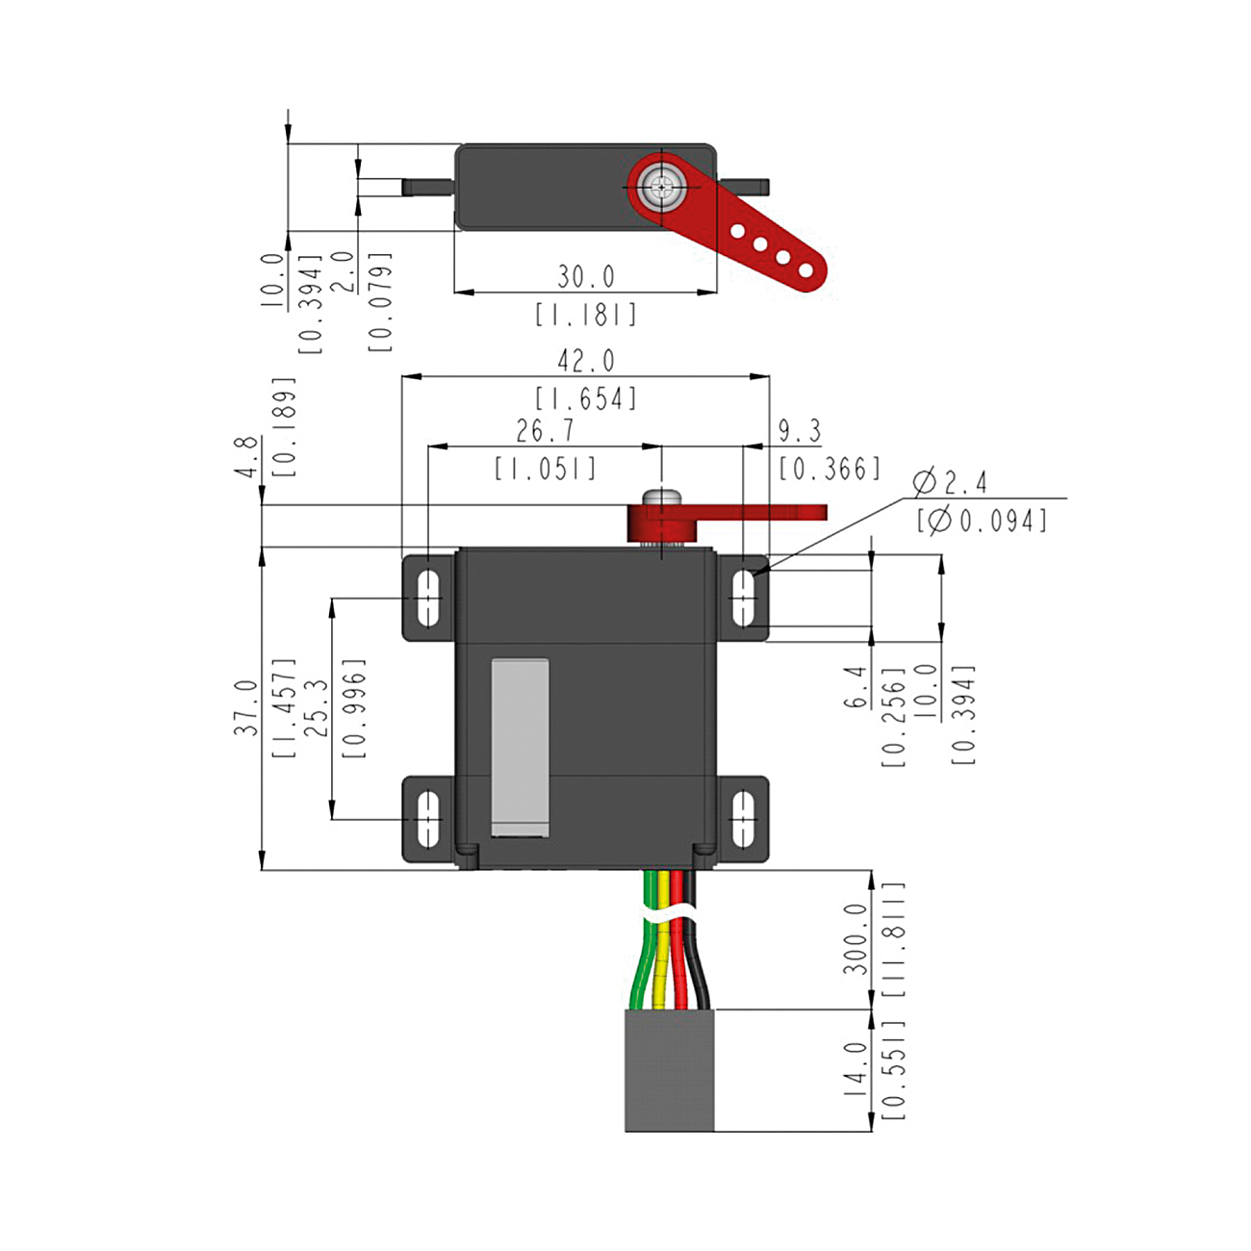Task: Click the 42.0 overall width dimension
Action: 586,361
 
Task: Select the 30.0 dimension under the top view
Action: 586,277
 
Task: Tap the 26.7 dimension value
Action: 546,431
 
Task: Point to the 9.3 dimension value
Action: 800,431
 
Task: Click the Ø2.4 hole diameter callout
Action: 950,482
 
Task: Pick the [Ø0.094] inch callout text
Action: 982,521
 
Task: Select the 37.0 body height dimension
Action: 246,708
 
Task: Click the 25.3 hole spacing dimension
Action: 317,707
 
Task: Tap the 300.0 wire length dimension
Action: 855,939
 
